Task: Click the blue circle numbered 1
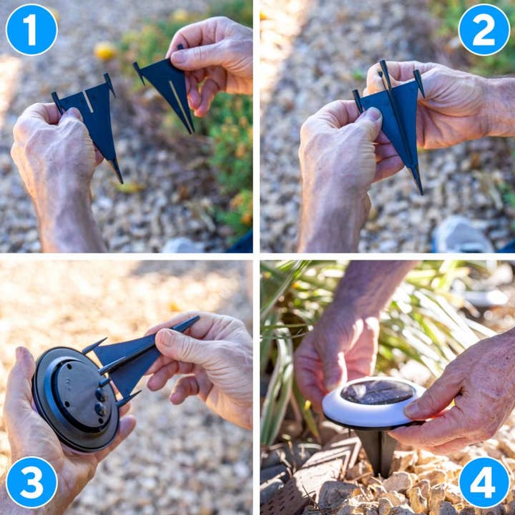click(31, 29)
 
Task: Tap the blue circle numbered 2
click(484, 29)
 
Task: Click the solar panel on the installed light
click(378, 393)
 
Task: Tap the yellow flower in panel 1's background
click(104, 51)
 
